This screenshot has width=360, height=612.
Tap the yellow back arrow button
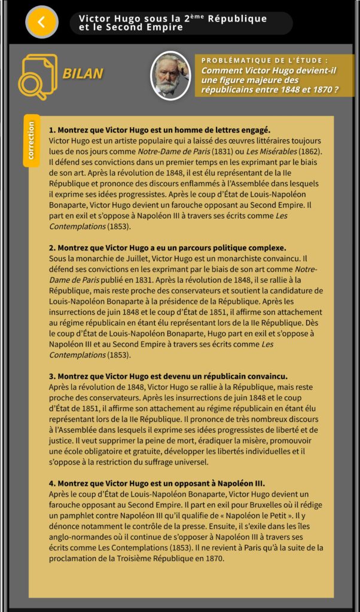[41, 22]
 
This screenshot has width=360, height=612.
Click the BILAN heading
[83, 74]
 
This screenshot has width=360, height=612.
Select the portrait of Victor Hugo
[170, 75]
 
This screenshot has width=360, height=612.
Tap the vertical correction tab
[31, 141]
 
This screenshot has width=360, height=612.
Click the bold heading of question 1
[160, 130]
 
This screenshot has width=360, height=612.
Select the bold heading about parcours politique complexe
[167, 247]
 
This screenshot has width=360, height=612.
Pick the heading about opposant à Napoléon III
[157, 483]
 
